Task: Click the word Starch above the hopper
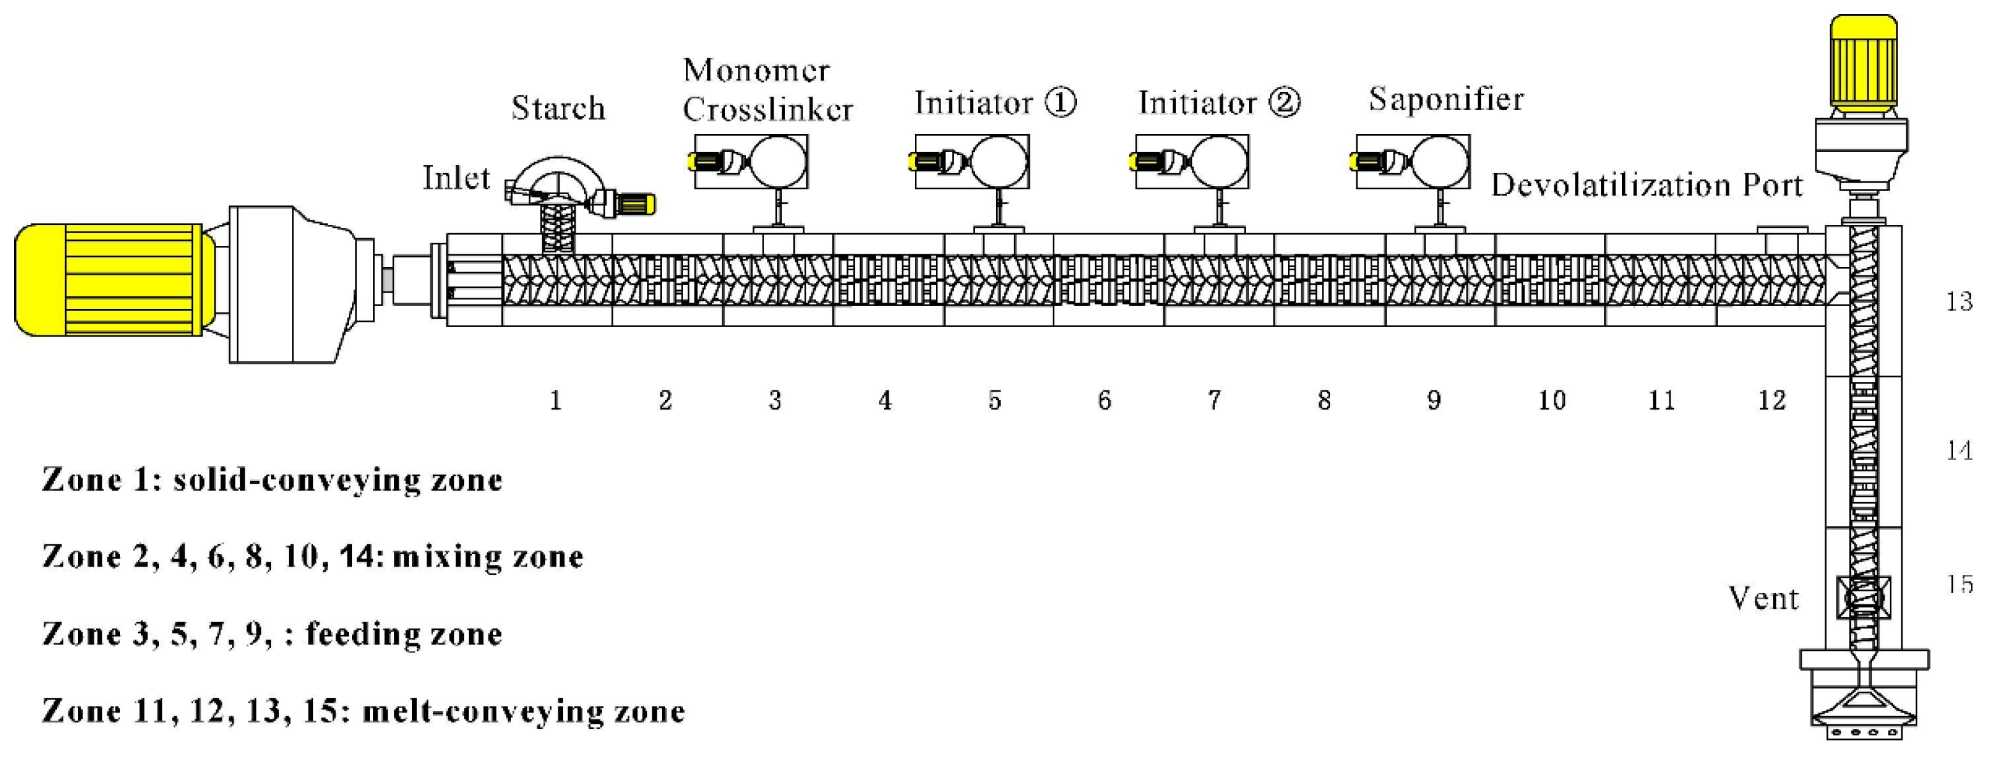[x=558, y=108]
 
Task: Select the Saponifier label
[x=1446, y=100]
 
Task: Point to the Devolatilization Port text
[x=1647, y=186]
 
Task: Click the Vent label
[x=1764, y=599]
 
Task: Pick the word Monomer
[x=756, y=71]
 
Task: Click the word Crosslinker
[x=767, y=110]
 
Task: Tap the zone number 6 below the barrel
[x=1104, y=400]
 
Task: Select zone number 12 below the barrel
[x=1772, y=400]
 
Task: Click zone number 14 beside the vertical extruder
[x=1959, y=450]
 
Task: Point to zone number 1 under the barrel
[x=555, y=400]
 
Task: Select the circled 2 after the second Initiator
[x=1284, y=102]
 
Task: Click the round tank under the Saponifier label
[x=1440, y=162]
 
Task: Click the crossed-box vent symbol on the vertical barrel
[x=1863, y=598]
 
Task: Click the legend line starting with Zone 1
[x=272, y=480]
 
